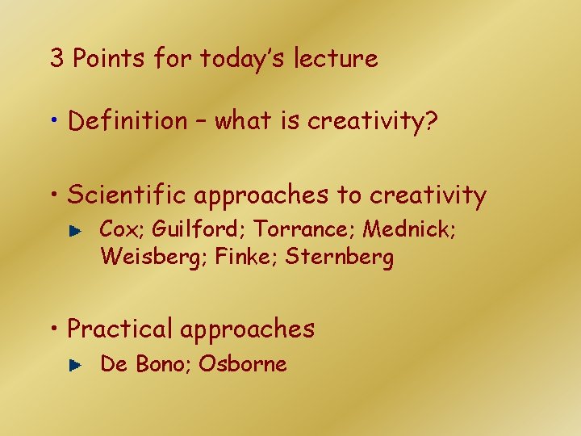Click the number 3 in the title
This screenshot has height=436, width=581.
click(x=57, y=59)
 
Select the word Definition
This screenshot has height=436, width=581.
click(x=127, y=121)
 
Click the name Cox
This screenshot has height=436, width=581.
click(x=119, y=229)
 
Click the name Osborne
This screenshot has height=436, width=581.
click(x=243, y=363)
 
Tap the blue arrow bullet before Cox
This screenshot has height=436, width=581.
click(x=75, y=231)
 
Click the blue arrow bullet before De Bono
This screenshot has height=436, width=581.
click(x=75, y=365)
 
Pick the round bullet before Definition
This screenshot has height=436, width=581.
click(x=54, y=123)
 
